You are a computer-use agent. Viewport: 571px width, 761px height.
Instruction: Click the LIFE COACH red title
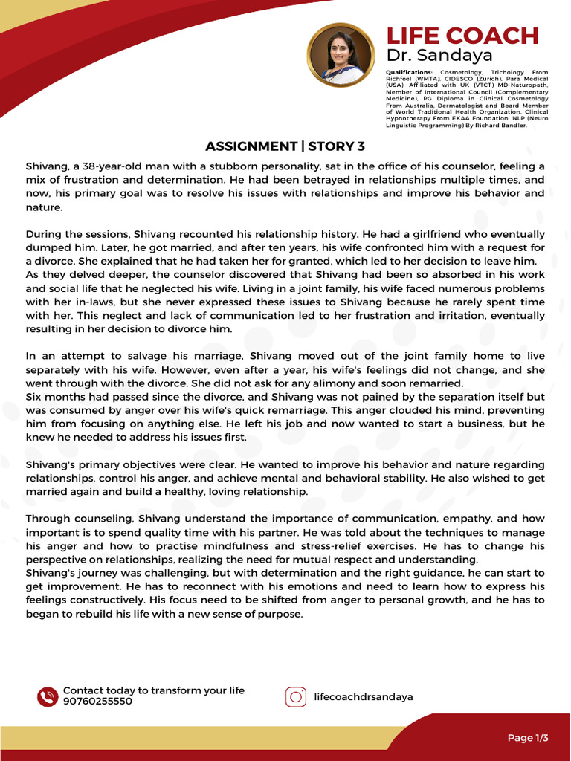tap(462, 36)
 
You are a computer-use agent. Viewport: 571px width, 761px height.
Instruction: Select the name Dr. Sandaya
tap(439, 56)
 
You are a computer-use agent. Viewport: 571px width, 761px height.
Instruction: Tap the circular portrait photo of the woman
tap(339, 55)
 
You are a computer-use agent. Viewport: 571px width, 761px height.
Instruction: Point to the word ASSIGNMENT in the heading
tap(251, 146)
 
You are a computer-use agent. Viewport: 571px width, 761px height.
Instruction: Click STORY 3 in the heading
tap(336, 146)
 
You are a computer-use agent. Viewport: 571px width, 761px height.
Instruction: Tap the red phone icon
tap(47, 696)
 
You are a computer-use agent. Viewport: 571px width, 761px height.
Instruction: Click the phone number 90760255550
tap(97, 702)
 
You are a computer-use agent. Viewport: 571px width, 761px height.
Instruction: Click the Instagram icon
tap(296, 696)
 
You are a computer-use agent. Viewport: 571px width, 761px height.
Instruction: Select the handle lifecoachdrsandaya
tap(364, 697)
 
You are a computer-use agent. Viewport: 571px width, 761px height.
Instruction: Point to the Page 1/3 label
tap(527, 738)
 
